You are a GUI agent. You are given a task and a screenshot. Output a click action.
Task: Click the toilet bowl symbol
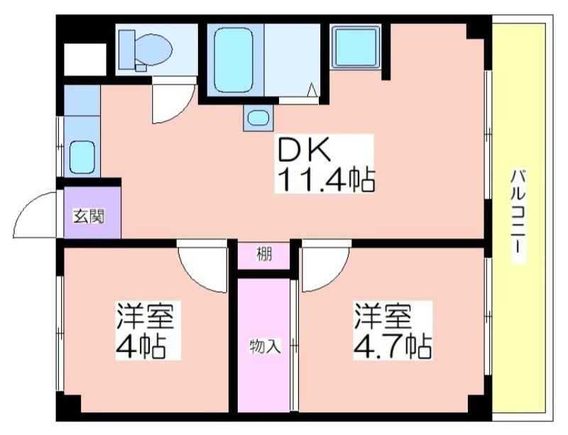click(x=155, y=49)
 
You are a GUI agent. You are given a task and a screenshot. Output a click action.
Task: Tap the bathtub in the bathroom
click(x=234, y=60)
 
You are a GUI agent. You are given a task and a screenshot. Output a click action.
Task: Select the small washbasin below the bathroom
click(x=258, y=118)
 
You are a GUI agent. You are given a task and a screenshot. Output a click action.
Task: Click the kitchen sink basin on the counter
click(x=82, y=157)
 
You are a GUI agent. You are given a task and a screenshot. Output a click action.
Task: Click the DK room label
click(x=304, y=150)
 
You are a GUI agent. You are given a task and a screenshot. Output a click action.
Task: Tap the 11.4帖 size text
click(x=325, y=180)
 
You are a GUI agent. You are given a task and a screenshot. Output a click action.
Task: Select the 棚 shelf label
click(x=264, y=254)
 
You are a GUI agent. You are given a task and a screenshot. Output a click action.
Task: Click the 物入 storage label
click(x=265, y=347)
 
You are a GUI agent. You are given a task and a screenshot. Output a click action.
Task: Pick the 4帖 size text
click(x=141, y=347)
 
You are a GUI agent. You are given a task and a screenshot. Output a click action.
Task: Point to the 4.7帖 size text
click(x=393, y=347)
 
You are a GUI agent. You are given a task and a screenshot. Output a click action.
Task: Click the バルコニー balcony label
click(x=518, y=215)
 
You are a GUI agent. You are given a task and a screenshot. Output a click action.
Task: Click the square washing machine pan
click(x=355, y=47)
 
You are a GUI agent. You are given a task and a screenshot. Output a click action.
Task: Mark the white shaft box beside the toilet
click(x=85, y=60)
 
